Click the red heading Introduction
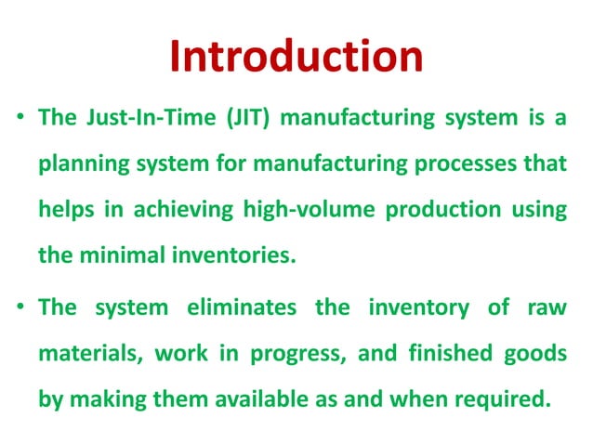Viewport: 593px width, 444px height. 296,58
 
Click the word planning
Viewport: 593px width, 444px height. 82,164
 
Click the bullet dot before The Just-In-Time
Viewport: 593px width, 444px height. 20,122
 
